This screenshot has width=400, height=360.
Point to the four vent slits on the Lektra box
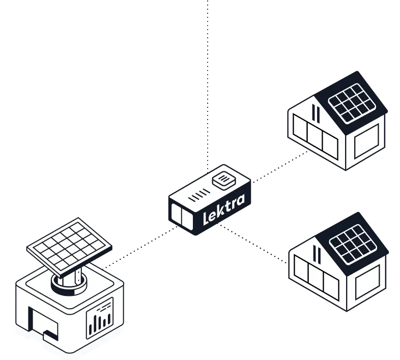point(198,195)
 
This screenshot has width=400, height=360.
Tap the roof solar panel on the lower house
point(354,243)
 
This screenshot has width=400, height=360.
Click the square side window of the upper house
point(366,142)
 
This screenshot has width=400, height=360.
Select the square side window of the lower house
point(367,284)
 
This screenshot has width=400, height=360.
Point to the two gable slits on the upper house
point(317,114)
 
